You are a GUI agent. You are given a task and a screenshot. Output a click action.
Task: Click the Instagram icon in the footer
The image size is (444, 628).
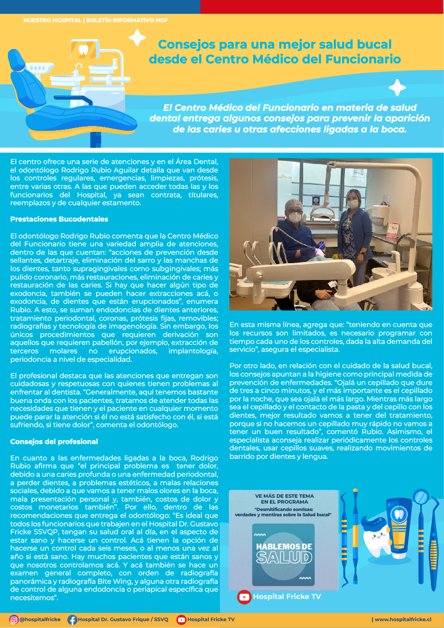14,620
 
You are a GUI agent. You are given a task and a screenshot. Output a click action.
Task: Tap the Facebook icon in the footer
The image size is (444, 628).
72,620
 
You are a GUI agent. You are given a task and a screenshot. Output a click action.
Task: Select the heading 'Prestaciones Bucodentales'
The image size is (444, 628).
59,219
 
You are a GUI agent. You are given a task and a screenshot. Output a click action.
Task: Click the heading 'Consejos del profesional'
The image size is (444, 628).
54,441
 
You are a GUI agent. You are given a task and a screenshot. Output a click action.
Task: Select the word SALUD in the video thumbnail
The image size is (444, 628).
284,557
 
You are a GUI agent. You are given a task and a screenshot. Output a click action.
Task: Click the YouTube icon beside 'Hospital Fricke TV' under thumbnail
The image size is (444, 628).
244,597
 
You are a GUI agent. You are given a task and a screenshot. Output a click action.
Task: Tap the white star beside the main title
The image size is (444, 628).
137,37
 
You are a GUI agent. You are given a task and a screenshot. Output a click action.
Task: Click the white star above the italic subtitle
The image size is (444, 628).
397,88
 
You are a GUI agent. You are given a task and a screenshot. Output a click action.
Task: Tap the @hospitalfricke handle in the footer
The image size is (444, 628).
40,620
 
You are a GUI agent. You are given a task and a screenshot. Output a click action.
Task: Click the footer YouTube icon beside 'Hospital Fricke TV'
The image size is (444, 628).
181,620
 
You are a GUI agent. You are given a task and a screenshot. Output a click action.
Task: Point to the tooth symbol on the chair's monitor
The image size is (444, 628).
83,51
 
